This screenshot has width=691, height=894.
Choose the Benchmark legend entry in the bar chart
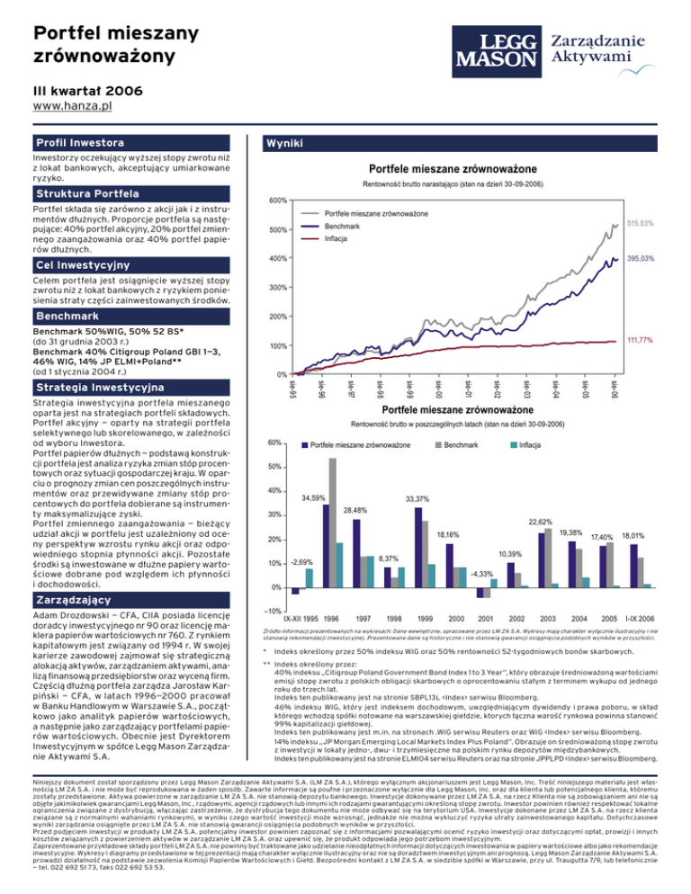tap(460, 445)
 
